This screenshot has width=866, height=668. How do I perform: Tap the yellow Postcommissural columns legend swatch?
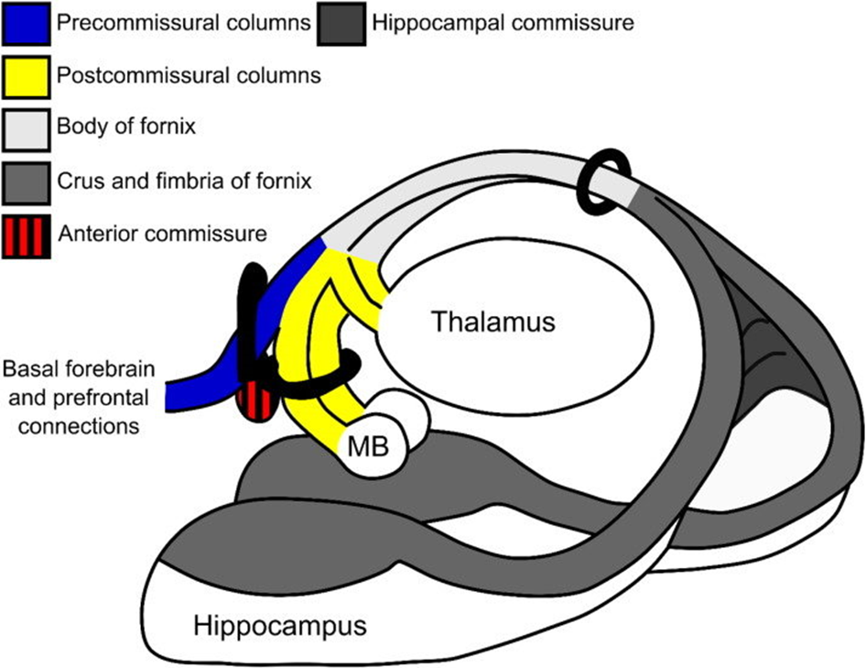(27, 75)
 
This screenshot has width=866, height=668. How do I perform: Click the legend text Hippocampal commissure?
(503, 23)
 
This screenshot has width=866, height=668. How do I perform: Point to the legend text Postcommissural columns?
(188, 75)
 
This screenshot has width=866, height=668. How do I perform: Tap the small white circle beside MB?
(403, 414)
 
